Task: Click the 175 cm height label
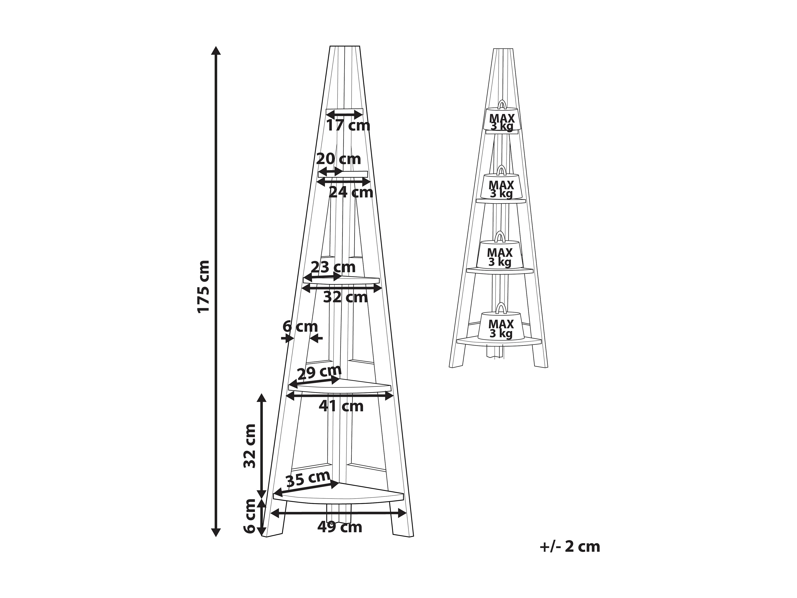click(204, 287)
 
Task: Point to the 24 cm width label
click(351, 192)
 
